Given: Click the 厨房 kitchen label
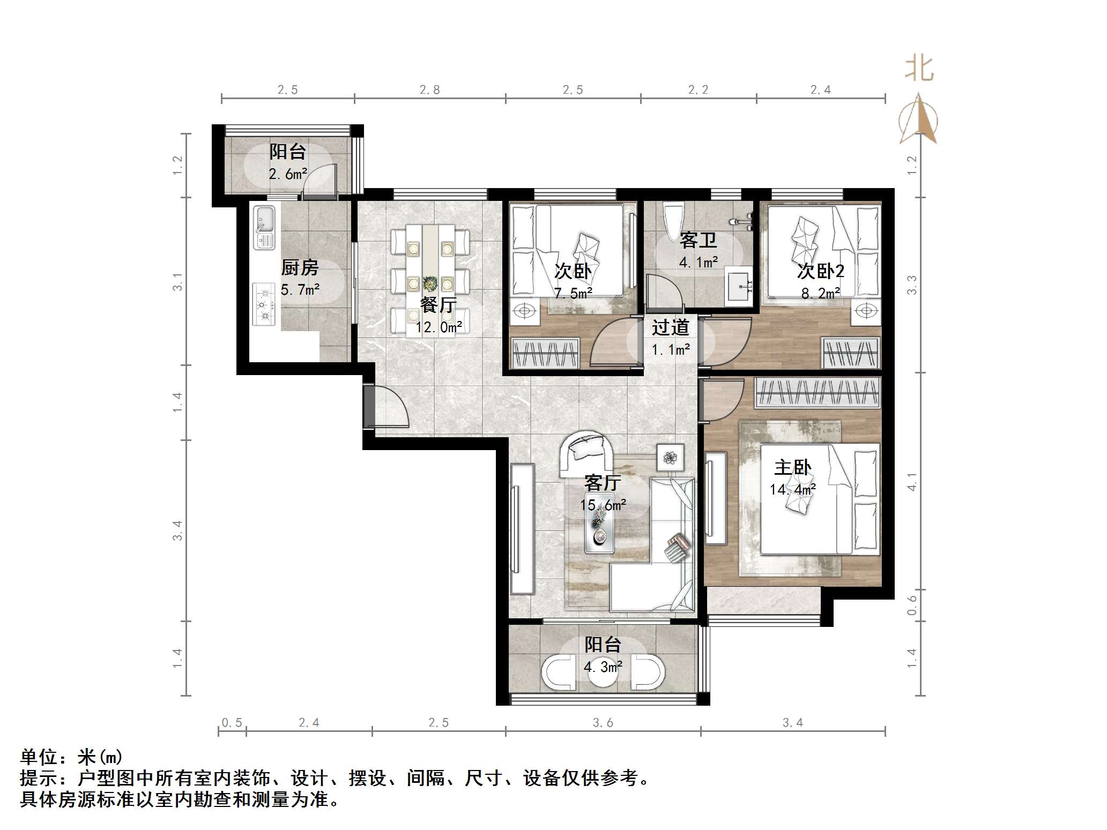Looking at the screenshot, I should coord(300,267).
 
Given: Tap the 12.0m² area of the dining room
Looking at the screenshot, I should coord(439,327).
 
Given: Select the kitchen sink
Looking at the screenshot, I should coord(264,228).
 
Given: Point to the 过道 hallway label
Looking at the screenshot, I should coord(670,327).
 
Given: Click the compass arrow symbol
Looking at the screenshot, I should coord(919,121).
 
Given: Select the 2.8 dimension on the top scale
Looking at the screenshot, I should coord(430,90).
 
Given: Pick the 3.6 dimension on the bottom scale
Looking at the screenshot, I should coord(603,723).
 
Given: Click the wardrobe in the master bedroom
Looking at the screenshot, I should coord(817,393).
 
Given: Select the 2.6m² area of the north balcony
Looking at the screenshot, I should coord(288,174).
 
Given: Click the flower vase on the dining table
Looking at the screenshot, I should coord(429,283).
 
